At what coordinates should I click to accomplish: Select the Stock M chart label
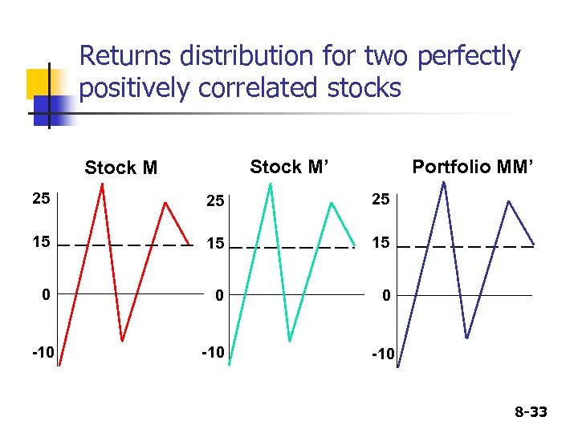coord(121,168)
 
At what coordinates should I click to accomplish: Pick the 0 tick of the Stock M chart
coord(47,295)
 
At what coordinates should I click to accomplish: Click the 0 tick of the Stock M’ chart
coord(218,297)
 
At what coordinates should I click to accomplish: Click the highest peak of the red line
coord(102,184)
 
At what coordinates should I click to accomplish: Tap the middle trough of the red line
coord(122,341)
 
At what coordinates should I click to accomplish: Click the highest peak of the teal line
coord(271,184)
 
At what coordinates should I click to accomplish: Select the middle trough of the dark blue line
coord(466,338)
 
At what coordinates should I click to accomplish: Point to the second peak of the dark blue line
coord(508,200)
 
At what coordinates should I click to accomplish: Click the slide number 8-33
coord(530,412)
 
